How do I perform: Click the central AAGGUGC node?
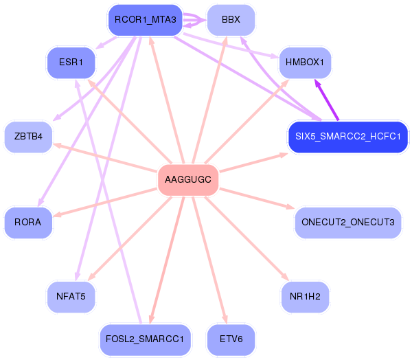188,180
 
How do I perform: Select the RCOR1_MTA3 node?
145,20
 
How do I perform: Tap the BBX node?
231,20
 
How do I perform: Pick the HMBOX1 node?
304,62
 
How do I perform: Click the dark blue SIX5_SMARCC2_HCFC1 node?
348,136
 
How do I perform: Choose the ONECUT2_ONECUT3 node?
347,222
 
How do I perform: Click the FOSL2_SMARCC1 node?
145,339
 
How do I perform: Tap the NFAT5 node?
71,296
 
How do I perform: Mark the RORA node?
28,222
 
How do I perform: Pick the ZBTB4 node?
28,136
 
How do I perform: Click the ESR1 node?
71,62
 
